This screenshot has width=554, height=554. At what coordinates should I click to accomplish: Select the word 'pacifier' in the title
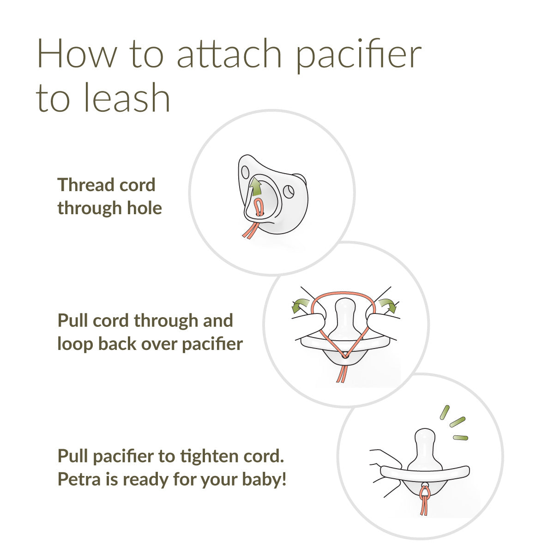tap(358, 54)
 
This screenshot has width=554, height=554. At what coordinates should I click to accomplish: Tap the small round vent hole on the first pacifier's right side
tap(289, 190)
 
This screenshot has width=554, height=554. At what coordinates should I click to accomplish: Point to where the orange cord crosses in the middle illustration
tap(343, 356)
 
